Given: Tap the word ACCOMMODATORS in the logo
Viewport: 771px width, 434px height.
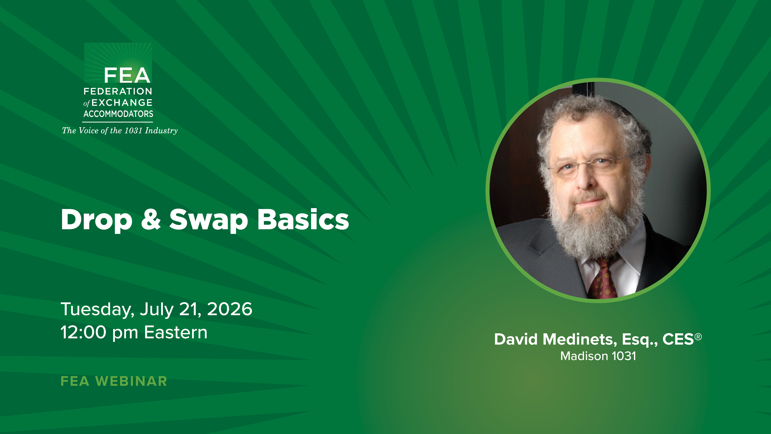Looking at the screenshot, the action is [x=118, y=114].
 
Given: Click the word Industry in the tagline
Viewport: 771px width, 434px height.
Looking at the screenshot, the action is [x=161, y=131].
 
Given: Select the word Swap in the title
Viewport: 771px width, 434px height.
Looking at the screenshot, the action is [x=209, y=220].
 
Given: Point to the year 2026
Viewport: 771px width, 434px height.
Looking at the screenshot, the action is [x=230, y=309].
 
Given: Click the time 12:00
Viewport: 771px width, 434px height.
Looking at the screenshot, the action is [x=83, y=332].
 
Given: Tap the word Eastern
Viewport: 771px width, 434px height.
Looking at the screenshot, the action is [x=176, y=332].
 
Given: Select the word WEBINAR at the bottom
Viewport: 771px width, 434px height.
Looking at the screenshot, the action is [x=131, y=381].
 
